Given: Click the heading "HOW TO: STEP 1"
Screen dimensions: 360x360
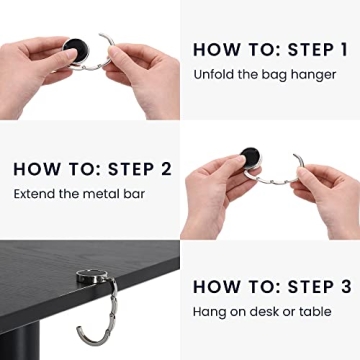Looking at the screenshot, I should click(269, 49).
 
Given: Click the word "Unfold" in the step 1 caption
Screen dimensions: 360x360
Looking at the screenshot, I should click(213, 74).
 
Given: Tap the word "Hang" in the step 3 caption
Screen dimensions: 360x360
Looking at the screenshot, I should click(209, 312).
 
